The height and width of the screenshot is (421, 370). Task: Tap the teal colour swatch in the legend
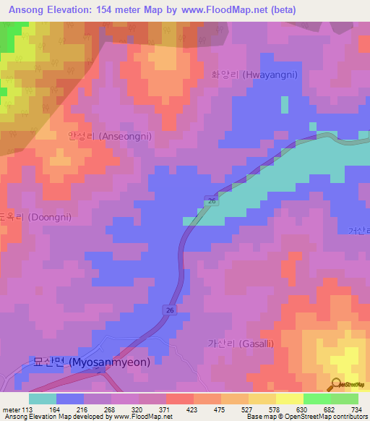[x=43, y=399]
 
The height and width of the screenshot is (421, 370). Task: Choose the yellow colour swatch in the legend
[x=289, y=399]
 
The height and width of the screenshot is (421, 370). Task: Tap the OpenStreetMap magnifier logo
[x=337, y=384]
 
